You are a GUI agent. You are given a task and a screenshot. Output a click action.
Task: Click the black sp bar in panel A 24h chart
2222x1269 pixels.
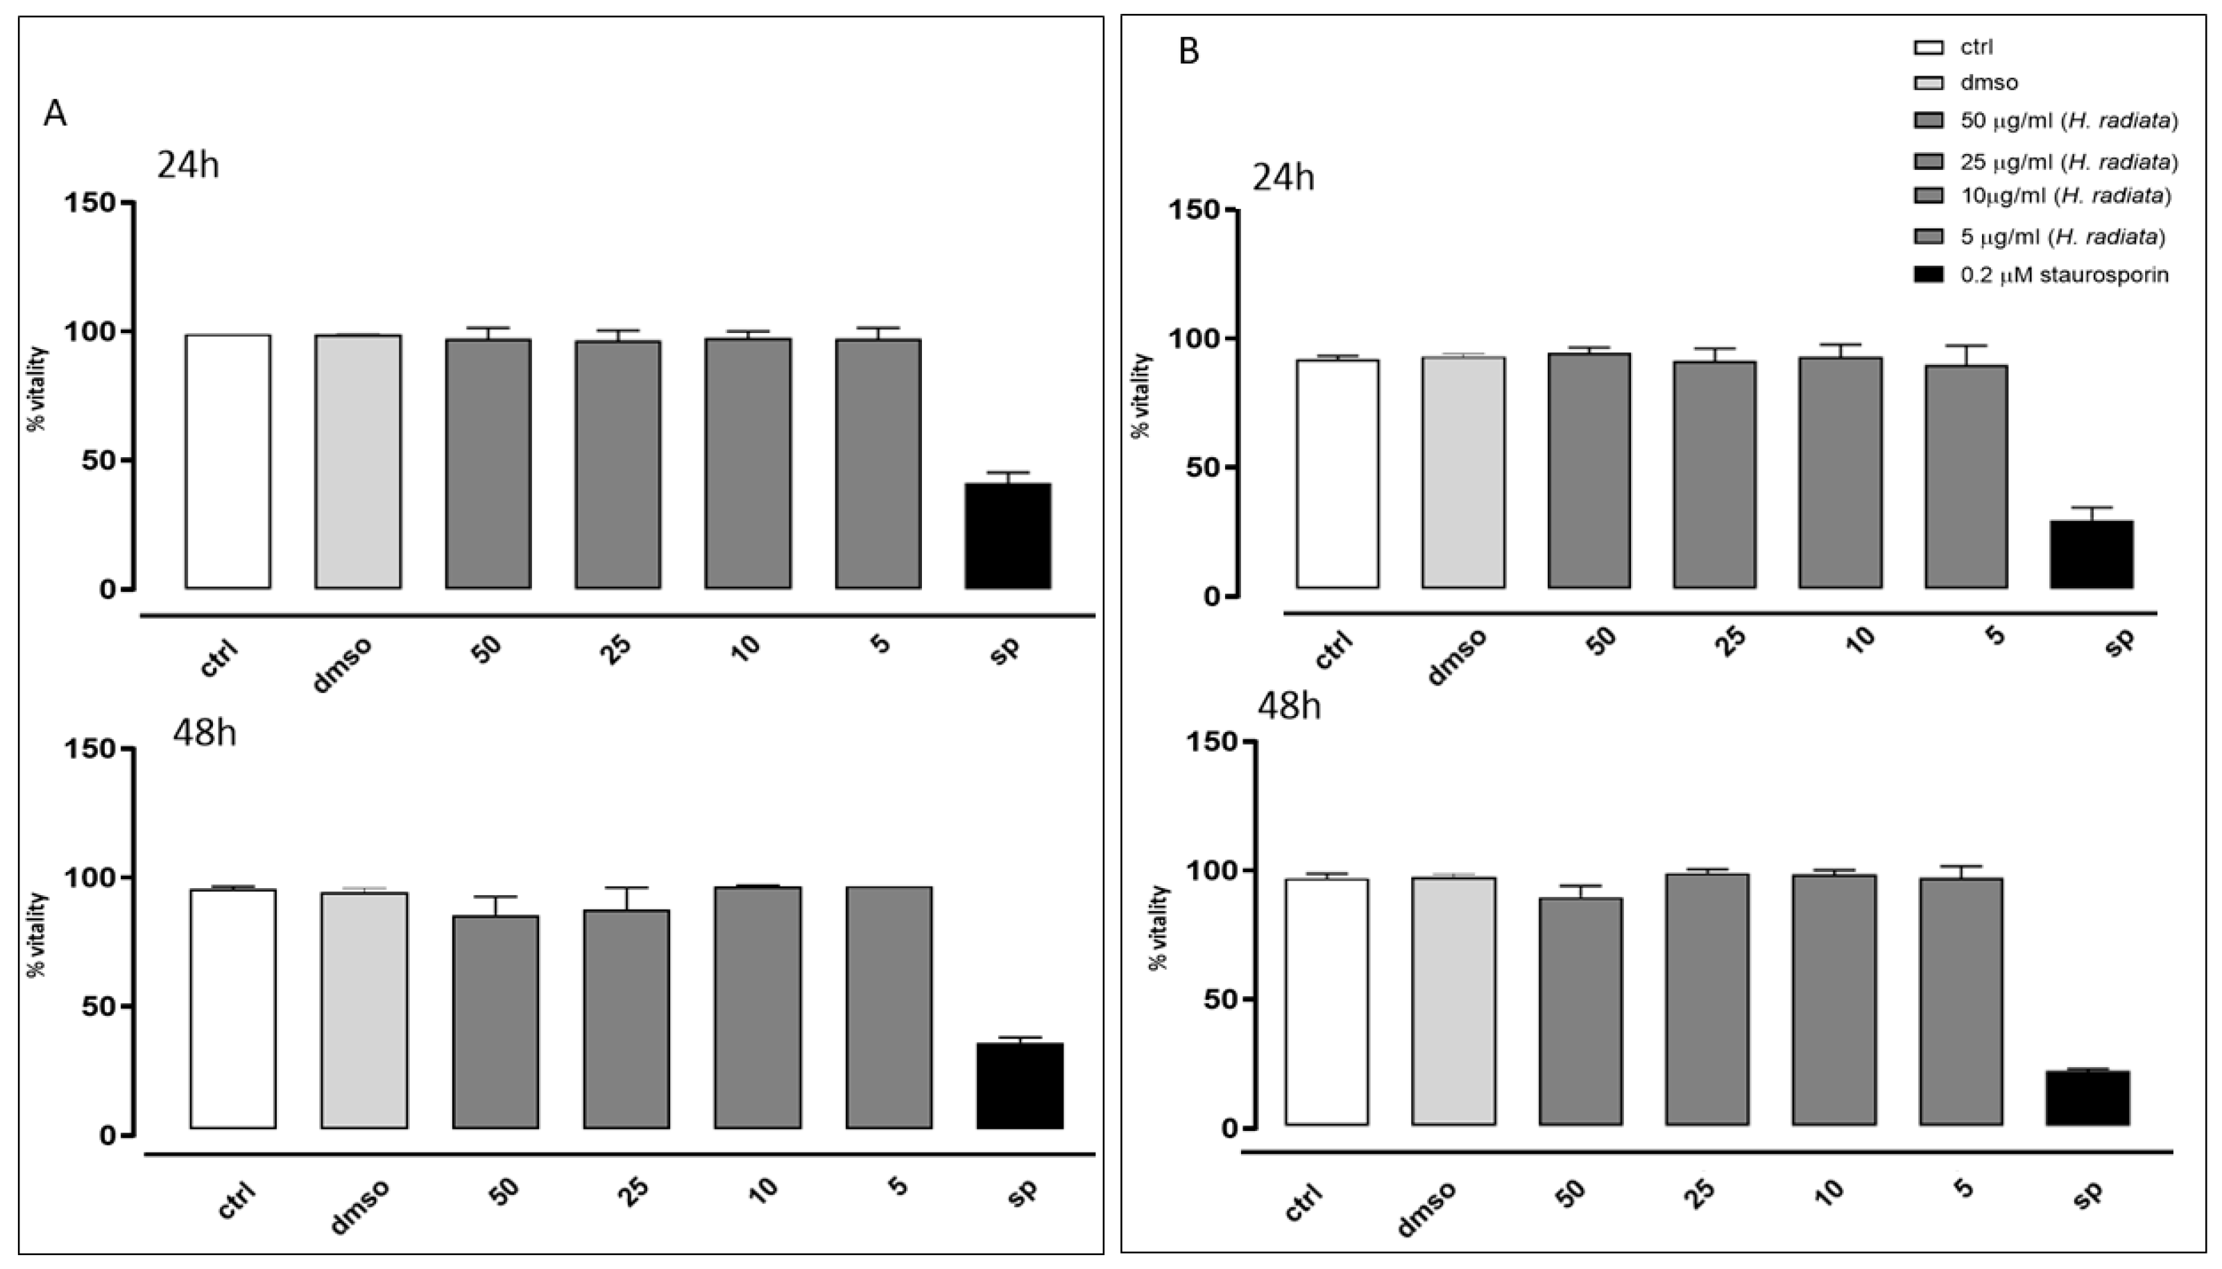point(1007,536)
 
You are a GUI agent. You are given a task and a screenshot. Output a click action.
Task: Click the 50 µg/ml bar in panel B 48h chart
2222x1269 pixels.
point(1580,1011)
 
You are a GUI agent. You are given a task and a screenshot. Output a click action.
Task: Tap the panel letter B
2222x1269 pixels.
point(1188,51)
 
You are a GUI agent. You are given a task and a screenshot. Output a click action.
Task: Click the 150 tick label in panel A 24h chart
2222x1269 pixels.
point(89,203)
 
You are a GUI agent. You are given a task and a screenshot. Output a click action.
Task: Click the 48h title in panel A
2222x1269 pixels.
point(204,733)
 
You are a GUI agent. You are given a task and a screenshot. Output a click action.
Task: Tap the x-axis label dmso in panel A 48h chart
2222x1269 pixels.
point(360,1207)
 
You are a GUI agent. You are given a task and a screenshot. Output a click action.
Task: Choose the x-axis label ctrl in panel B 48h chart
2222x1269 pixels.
point(1304,1203)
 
